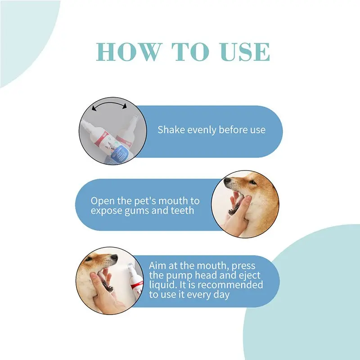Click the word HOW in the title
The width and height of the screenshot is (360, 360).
pos(128,52)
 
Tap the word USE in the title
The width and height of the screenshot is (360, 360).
pos(244,52)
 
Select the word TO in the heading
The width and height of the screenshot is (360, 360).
pos(190,52)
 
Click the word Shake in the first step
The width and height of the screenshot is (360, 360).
pos(171,130)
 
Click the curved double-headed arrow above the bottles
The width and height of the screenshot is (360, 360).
pos(109,105)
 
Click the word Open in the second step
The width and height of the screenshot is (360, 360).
pos(103,201)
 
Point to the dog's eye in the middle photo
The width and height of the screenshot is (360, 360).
pos(252,183)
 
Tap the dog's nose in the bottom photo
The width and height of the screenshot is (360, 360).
pos(114,257)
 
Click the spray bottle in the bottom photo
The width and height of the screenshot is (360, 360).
pos(135,283)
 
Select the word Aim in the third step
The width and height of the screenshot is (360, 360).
pos(157,265)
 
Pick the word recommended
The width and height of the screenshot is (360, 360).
pos(230,285)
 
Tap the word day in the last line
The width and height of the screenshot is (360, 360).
pos(221,295)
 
